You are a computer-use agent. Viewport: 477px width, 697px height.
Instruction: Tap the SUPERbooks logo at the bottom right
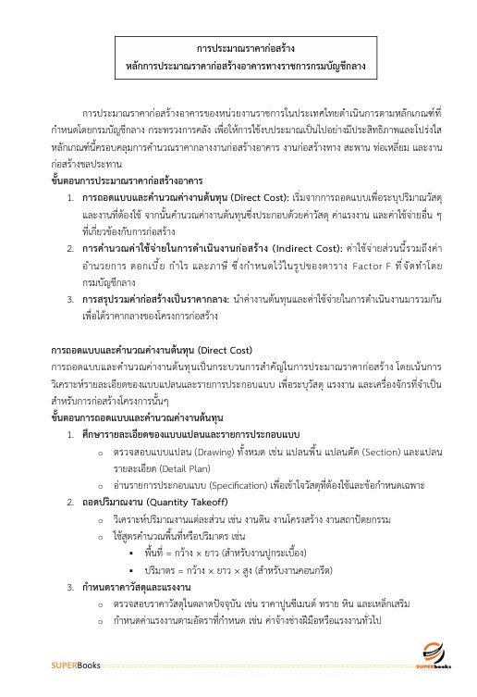[x=432, y=655]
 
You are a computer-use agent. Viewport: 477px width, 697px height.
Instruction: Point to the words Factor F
[x=344, y=251]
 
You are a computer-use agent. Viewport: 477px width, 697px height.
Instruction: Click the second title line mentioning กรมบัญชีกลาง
[x=238, y=67]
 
